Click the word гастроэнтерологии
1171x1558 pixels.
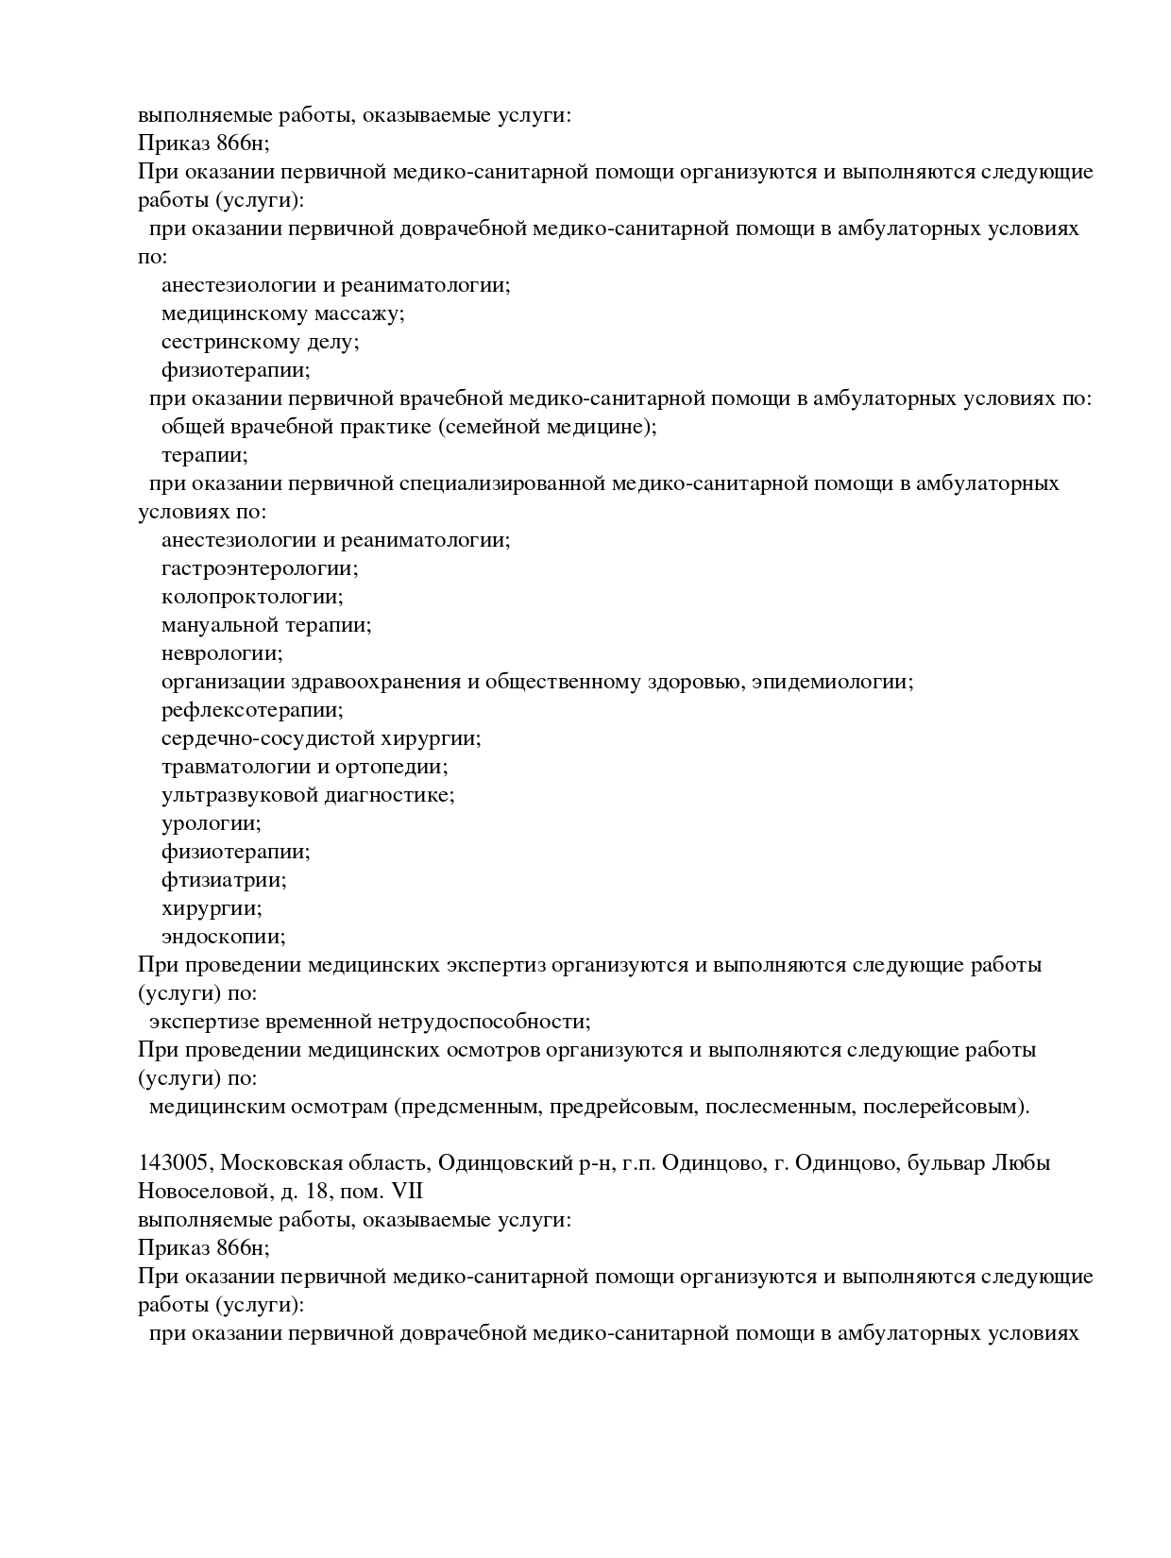260,569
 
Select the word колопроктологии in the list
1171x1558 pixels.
252,598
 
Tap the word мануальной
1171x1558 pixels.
220,626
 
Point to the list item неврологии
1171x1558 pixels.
222,653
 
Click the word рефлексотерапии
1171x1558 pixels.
252,710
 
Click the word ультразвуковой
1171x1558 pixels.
238,795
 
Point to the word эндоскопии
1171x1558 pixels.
223,937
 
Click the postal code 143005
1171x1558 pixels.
173,1163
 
